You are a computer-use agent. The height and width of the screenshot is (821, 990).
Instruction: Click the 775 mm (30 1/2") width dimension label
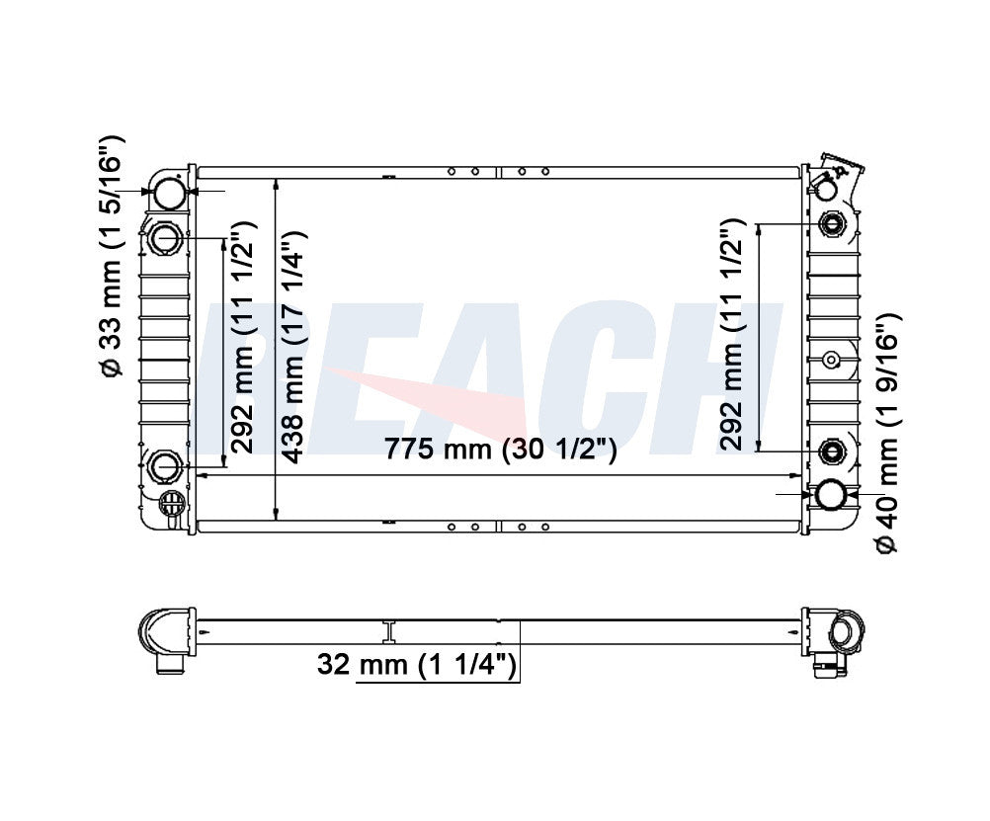(x=500, y=450)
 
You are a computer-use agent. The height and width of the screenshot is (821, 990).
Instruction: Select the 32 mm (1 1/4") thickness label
(x=417, y=664)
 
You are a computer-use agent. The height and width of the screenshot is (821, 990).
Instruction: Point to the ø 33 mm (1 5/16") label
(x=111, y=257)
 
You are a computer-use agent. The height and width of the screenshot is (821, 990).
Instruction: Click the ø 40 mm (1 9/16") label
(x=886, y=434)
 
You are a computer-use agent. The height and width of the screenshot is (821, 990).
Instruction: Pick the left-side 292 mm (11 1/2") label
(x=242, y=337)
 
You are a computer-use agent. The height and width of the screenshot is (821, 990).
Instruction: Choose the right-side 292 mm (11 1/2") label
(x=731, y=334)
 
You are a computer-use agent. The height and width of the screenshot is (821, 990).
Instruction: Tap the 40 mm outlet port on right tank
(x=831, y=495)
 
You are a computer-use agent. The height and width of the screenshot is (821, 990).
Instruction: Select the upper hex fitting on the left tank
(x=167, y=239)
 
